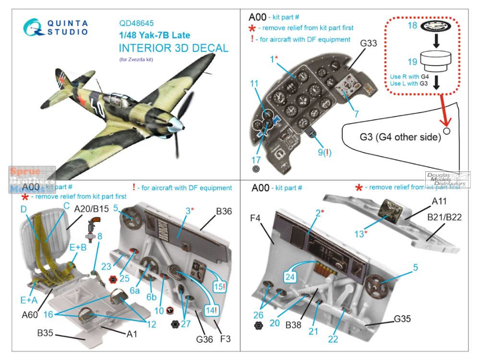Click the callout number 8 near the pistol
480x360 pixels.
[99, 236]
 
